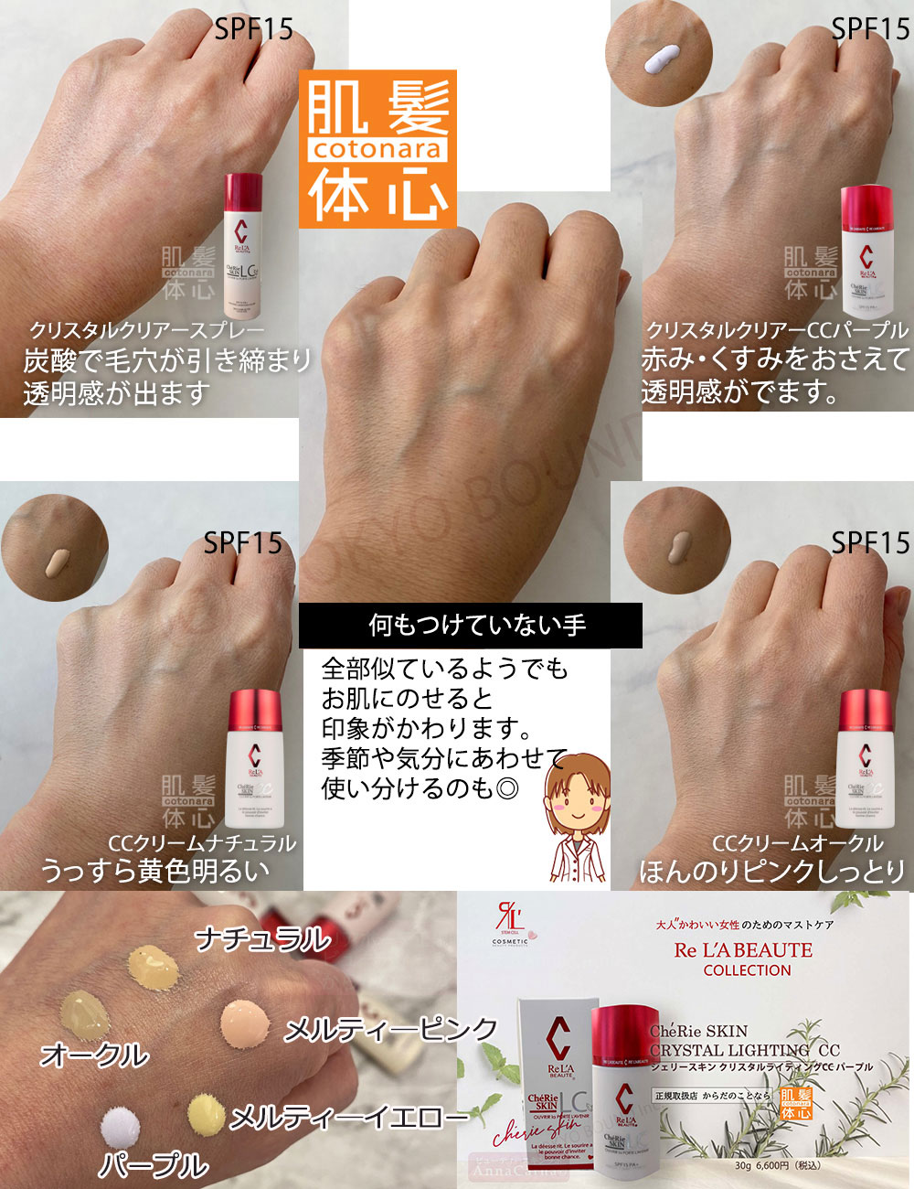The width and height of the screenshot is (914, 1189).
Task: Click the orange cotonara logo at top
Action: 377,149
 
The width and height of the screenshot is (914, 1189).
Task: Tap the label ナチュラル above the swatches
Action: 263,938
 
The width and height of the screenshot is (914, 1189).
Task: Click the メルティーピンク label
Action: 390,1030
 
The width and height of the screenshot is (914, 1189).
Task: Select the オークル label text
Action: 94,1055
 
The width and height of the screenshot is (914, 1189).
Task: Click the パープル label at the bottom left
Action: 154,1165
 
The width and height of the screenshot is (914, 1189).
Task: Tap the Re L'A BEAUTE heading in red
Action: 743,950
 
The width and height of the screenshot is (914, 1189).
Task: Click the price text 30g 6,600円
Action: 778,1165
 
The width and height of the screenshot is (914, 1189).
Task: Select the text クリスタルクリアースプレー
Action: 147,330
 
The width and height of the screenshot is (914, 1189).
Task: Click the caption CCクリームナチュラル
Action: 202,843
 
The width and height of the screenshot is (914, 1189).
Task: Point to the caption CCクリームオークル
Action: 798,843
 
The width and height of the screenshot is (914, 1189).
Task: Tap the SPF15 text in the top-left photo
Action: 254,29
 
